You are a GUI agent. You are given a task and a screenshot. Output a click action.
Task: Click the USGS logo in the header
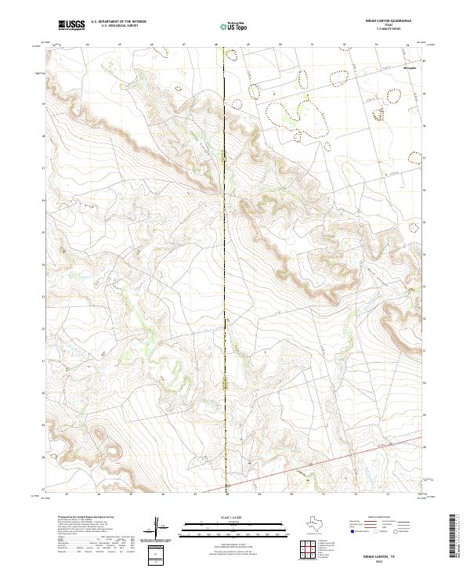coord(71,25)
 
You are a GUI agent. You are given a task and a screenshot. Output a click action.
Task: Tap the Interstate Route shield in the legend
coord(352,532)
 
